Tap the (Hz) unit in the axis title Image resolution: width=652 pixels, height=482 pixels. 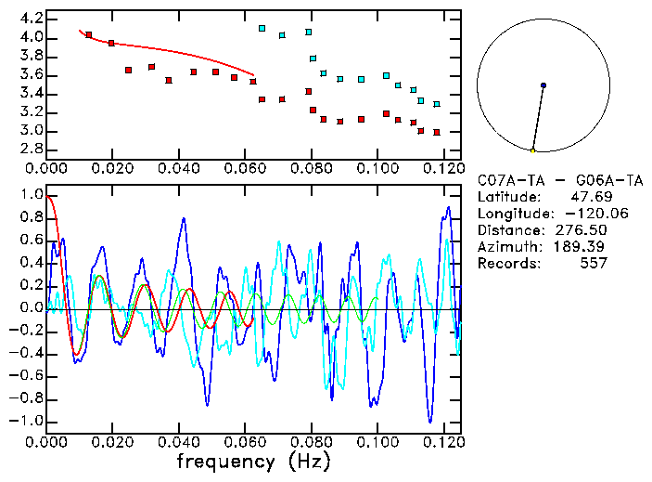pos(308,461)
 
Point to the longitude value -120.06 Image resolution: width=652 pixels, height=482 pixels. pos(581,213)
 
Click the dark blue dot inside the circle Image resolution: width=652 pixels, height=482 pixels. pos(543,85)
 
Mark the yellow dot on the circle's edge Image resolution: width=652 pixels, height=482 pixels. pos(532,150)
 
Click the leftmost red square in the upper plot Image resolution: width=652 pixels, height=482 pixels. pos(88,35)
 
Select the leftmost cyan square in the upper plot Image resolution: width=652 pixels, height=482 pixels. pos(262,29)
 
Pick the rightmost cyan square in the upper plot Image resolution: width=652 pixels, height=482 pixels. pos(437,104)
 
